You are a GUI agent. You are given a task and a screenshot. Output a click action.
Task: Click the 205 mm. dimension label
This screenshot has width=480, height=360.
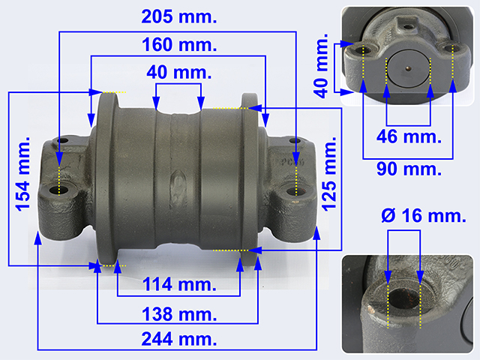(179, 16)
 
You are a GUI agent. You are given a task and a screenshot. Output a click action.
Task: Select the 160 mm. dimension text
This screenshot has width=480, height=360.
(179, 45)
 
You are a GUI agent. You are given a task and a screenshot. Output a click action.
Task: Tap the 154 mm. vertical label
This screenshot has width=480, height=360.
(23, 174)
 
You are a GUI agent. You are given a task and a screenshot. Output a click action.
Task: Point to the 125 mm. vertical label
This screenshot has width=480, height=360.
(329, 174)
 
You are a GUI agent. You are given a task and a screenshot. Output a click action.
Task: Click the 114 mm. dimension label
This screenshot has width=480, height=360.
(179, 284)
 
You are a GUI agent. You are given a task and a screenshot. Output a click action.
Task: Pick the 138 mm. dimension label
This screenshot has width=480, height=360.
(179, 314)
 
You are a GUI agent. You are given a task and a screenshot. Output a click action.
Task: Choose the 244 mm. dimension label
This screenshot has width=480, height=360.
(179, 339)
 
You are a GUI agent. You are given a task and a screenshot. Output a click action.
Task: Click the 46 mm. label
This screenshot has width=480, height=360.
(409, 136)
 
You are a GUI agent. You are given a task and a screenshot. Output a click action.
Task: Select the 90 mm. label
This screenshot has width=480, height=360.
(409, 169)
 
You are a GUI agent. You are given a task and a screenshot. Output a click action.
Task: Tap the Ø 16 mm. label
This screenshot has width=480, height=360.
(424, 216)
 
